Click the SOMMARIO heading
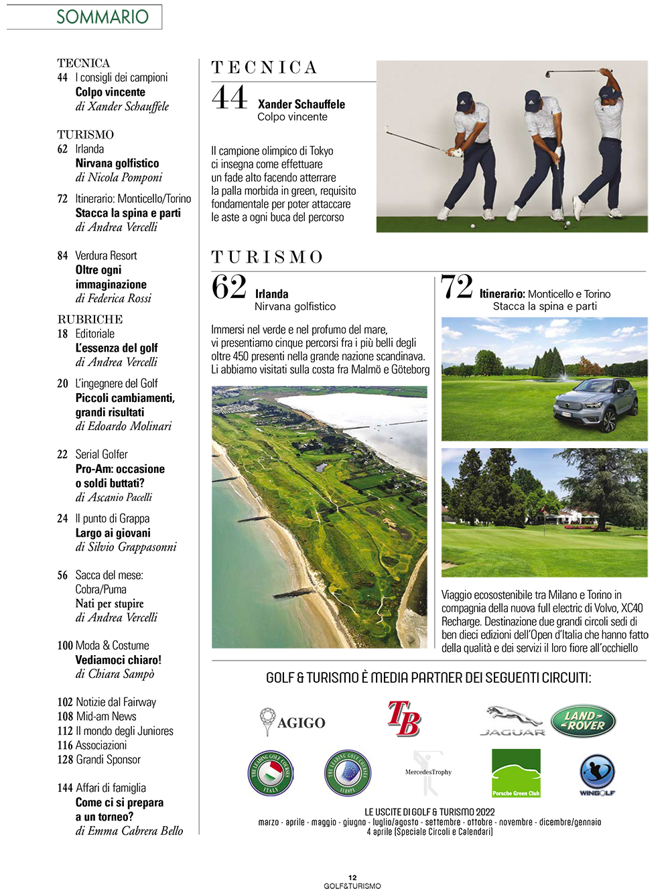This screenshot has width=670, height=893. pyautogui.click(x=103, y=17)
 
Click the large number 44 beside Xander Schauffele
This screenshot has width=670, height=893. pyautogui.click(x=230, y=97)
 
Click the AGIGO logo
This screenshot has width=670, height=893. pyautogui.click(x=293, y=722)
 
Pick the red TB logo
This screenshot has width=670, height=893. pyautogui.click(x=404, y=719)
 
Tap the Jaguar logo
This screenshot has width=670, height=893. pyautogui.click(x=513, y=721)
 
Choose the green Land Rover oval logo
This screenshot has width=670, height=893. pyautogui.click(x=583, y=721)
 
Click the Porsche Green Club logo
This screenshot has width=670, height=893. pyautogui.click(x=516, y=773)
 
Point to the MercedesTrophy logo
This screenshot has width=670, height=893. pyautogui.click(x=427, y=772)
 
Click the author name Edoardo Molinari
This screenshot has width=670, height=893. pyautogui.click(x=130, y=426)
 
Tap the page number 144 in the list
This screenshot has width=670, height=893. pyautogui.click(x=65, y=788)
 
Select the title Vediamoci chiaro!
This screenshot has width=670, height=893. pyautogui.click(x=119, y=660)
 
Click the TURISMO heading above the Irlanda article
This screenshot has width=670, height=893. pyautogui.click(x=267, y=257)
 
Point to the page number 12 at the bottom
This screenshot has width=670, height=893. pyautogui.click(x=352, y=877)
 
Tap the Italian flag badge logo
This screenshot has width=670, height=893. pyautogui.click(x=270, y=773)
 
